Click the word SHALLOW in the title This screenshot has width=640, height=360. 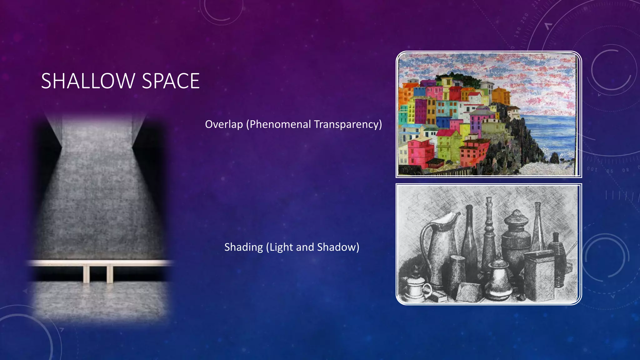click(x=88, y=81)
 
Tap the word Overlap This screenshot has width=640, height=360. click(x=224, y=124)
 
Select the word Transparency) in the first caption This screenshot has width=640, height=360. click(x=348, y=124)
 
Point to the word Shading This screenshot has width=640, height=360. click(x=243, y=247)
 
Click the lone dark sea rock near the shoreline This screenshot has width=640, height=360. click(x=554, y=158)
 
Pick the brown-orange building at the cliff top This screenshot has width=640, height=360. click(x=501, y=95)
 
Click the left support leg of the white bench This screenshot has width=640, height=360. click(x=86, y=274)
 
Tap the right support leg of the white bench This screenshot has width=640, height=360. click(x=110, y=274)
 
